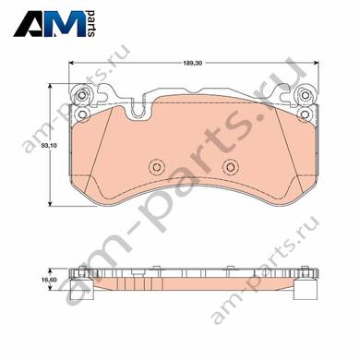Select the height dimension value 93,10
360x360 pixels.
coord(48,146)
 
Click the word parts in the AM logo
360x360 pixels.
coord(91,24)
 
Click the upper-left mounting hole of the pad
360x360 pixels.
coord(82,95)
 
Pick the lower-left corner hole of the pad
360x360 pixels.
coord(82,114)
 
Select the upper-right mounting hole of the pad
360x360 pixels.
coord(305,95)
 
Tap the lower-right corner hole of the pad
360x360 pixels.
coord(305,114)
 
